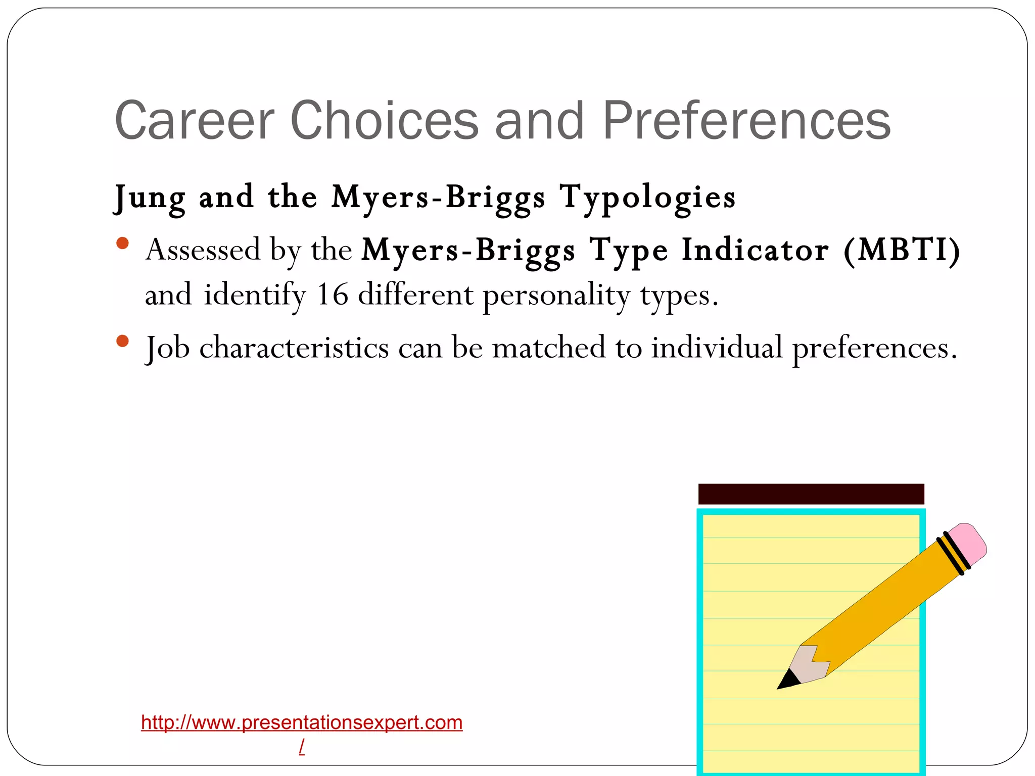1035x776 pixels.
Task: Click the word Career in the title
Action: click(195, 121)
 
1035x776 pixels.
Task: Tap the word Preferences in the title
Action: click(746, 121)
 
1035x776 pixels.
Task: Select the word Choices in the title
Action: click(384, 121)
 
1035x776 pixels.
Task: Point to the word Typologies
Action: click(647, 198)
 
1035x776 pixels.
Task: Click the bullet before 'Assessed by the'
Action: click(122, 244)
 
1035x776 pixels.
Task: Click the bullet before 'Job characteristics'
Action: click(122, 342)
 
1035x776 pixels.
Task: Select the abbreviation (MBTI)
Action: click(902, 250)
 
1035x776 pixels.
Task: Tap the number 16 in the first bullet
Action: click(332, 295)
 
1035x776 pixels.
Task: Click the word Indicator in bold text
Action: click(755, 250)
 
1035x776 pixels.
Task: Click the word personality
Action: click(556, 296)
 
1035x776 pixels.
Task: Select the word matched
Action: click(548, 348)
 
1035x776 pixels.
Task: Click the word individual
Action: click(717, 348)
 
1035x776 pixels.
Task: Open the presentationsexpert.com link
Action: click(302, 722)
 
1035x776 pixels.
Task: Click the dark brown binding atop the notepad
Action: click(811, 494)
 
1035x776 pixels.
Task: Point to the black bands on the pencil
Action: click(953, 553)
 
